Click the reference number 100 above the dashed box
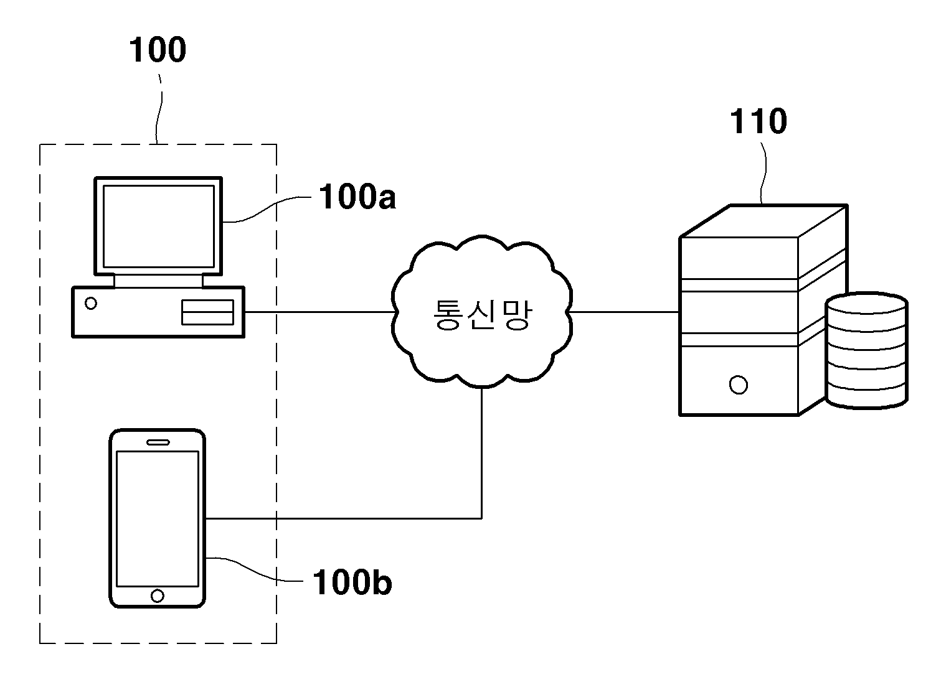click(x=158, y=50)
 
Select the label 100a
click(x=357, y=197)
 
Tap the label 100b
click(x=352, y=582)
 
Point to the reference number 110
click(x=759, y=121)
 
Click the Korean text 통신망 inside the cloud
click(x=483, y=315)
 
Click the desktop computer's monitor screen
click(x=159, y=226)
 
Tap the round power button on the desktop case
click(x=91, y=304)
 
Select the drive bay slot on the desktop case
click(x=207, y=312)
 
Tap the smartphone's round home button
click(x=157, y=596)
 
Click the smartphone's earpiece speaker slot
click(x=158, y=442)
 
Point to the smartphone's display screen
click(x=158, y=519)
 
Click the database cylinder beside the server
click(x=867, y=350)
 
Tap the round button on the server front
click(x=739, y=385)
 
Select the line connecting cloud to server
click(x=624, y=312)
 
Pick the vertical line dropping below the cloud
click(x=482, y=453)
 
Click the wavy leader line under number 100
click(x=159, y=110)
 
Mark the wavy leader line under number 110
click(x=763, y=173)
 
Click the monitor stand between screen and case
click(x=158, y=281)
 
